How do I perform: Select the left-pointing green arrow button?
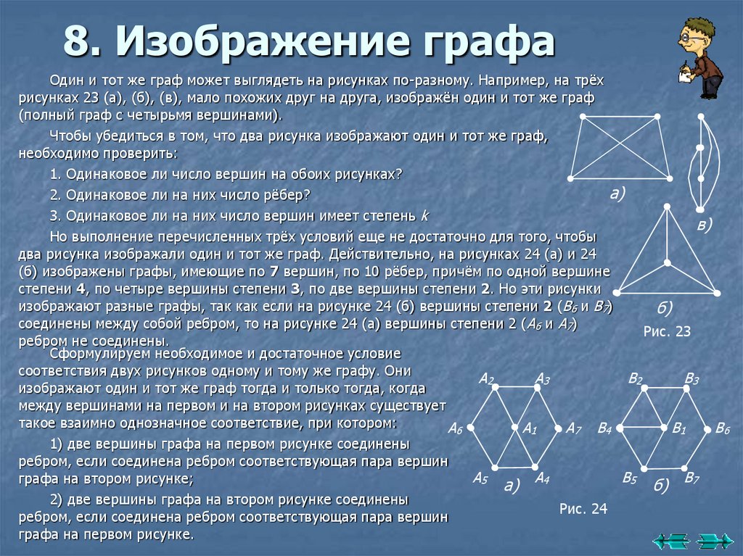click(x=671, y=541)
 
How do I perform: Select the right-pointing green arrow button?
click(x=714, y=541)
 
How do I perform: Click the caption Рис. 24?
click(x=583, y=509)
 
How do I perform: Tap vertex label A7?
click(x=574, y=428)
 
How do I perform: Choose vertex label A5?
click(x=480, y=478)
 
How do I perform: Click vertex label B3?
click(x=691, y=378)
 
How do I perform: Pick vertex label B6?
click(x=722, y=428)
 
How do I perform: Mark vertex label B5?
click(x=629, y=478)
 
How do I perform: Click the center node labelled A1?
click(x=514, y=428)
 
